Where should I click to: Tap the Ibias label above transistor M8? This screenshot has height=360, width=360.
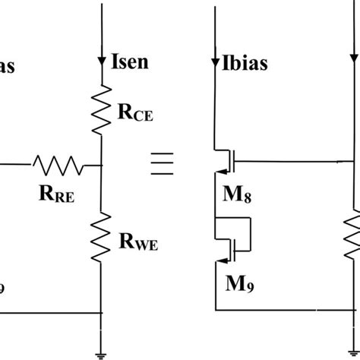242,63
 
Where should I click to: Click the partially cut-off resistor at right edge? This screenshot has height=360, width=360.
354,236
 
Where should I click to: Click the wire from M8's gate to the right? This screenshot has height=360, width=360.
296,162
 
